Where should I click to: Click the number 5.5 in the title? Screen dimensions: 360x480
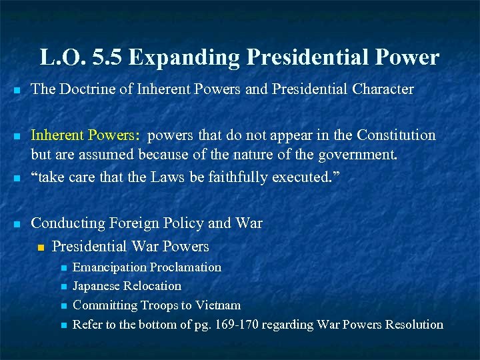click(x=109, y=57)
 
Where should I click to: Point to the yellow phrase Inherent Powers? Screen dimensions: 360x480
click(x=86, y=136)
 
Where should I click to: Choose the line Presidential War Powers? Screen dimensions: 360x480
click(x=130, y=247)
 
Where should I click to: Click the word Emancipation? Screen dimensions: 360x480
click(x=110, y=267)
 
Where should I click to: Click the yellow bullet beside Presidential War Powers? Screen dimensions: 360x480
click(x=41, y=247)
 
